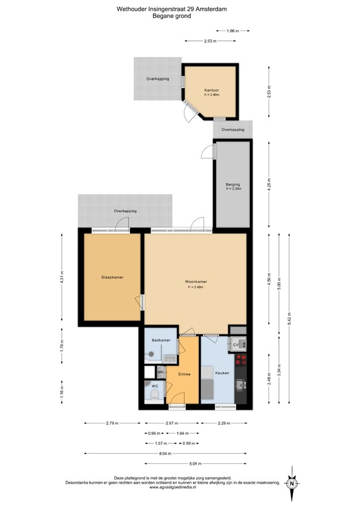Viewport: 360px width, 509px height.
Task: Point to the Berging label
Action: click(x=232, y=184)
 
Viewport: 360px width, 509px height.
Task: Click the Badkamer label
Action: click(x=161, y=340)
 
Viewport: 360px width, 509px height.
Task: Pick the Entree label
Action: click(x=184, y=374)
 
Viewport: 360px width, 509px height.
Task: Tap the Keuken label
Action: click(x=221, y=373)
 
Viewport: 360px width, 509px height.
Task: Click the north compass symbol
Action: click(x=291, y=483)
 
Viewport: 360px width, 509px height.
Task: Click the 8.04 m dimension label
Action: click(x=164, y=453)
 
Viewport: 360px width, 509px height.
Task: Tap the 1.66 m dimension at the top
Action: click(x=232, y=31)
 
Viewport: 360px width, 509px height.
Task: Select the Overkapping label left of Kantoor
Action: click(x=157, y=79)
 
